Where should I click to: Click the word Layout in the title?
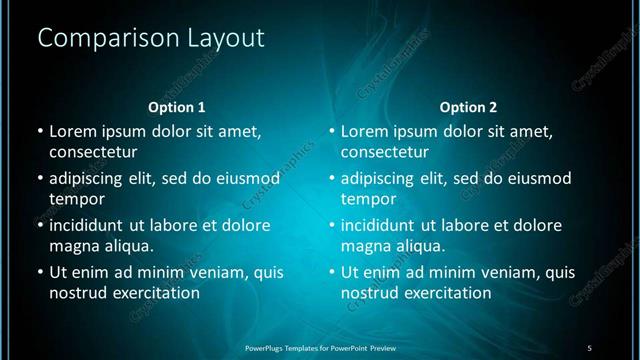[x=224, y=39]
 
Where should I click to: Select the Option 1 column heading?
[x=177, y=107]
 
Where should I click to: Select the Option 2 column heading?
[x=468, y=107]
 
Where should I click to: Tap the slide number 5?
[x=590, y=347]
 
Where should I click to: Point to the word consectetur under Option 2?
[x=385, y=153]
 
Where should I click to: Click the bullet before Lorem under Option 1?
[x=39, y=131]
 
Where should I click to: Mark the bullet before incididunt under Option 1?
[x=39, y=225]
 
